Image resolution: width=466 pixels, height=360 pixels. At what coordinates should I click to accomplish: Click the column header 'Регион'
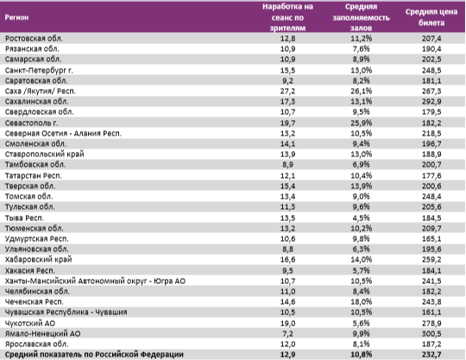tap(18, 16)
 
